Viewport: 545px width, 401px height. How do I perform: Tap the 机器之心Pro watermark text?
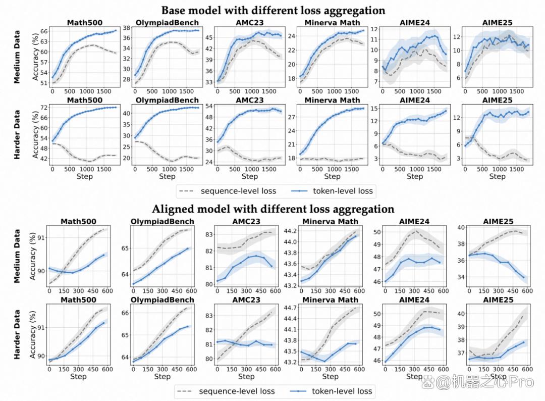click(484, 382)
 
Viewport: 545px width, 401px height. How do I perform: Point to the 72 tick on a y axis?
click(44, 108)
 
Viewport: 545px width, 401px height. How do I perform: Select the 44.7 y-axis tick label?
click(290, 308)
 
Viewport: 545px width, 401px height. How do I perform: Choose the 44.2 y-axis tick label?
click(290, 231)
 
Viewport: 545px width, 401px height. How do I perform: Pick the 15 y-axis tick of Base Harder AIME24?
click(373, 109)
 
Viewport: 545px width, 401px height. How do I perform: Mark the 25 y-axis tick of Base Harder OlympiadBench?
click(127, 147)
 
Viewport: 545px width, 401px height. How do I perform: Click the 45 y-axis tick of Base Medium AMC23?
click(209, 37)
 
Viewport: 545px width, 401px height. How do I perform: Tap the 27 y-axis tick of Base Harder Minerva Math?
click(291, 117)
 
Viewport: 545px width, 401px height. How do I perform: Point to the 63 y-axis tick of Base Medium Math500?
click(44, 41)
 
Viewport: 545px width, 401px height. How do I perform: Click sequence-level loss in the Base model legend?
click(238, 191)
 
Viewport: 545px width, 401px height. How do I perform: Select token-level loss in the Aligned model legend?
click(342, 391)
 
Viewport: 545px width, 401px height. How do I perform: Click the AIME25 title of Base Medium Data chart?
click(497, 23)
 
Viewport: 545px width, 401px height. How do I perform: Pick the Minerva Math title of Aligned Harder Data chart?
click(330, 300)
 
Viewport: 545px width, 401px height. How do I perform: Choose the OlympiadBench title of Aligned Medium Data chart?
click(162, 222)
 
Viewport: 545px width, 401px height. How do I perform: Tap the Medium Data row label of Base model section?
click(17, 57)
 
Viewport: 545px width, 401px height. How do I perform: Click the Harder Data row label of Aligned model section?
click(17, 334)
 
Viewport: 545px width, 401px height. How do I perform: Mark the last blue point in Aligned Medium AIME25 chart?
click(523, 277)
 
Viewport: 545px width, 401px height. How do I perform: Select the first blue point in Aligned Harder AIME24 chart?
click(386, 362)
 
